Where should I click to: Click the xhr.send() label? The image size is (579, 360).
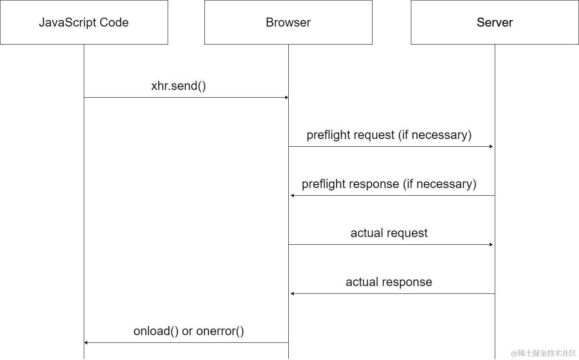pyautogui.click(x=178, y=86)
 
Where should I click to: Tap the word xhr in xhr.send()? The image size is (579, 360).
pyautogui.click(x=160, y=86)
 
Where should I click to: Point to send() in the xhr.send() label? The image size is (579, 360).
pyautogui.click(x=189, y=86)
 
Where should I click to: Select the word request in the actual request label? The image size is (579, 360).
pyautogui.click(x=407, y=233)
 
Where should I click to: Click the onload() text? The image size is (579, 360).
pyautogui.click(x=156, y=331)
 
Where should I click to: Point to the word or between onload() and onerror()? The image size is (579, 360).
pyautogui.click(x=187, y=331)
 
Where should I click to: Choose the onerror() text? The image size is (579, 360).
pyautogui.click(x=220, y=331)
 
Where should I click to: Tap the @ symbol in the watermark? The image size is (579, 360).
pyautogui.click(x=514, y=353)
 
